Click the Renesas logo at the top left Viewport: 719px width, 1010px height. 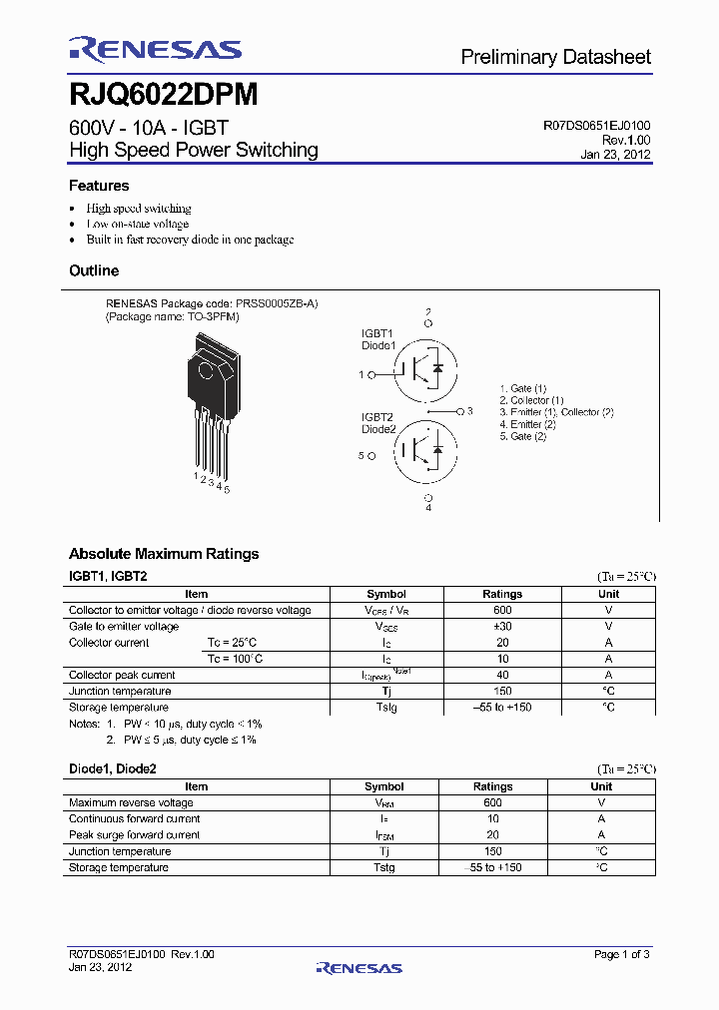(x=155, y=49)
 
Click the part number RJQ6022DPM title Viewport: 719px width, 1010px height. (x=163, y=95)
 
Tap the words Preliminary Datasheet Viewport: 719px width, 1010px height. (x=555, y=58)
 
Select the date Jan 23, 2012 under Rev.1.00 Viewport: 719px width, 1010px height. (x=615, y=155)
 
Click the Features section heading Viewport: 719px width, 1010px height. (x=99, y=186)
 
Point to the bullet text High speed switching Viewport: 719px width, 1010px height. (x=138, y=209)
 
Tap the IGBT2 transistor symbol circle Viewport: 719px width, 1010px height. (x=427, y=450)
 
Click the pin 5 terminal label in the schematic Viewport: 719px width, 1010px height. (x=363, y=455)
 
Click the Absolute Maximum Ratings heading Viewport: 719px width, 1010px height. (x=164, y=554)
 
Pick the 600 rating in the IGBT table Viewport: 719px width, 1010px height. (x=502, y=610)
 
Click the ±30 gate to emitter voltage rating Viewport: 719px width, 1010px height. (x=502, y=626)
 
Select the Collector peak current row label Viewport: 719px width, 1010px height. (x=122, y=675)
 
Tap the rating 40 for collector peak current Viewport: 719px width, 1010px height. (x=502, y=675)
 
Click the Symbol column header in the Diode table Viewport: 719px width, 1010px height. (x=384, y=786)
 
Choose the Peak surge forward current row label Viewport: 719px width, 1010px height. (x=134, y=834)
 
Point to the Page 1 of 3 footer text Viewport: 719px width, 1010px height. (x=621, y=955)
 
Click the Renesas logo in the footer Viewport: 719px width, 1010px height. (x=359, y=967)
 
